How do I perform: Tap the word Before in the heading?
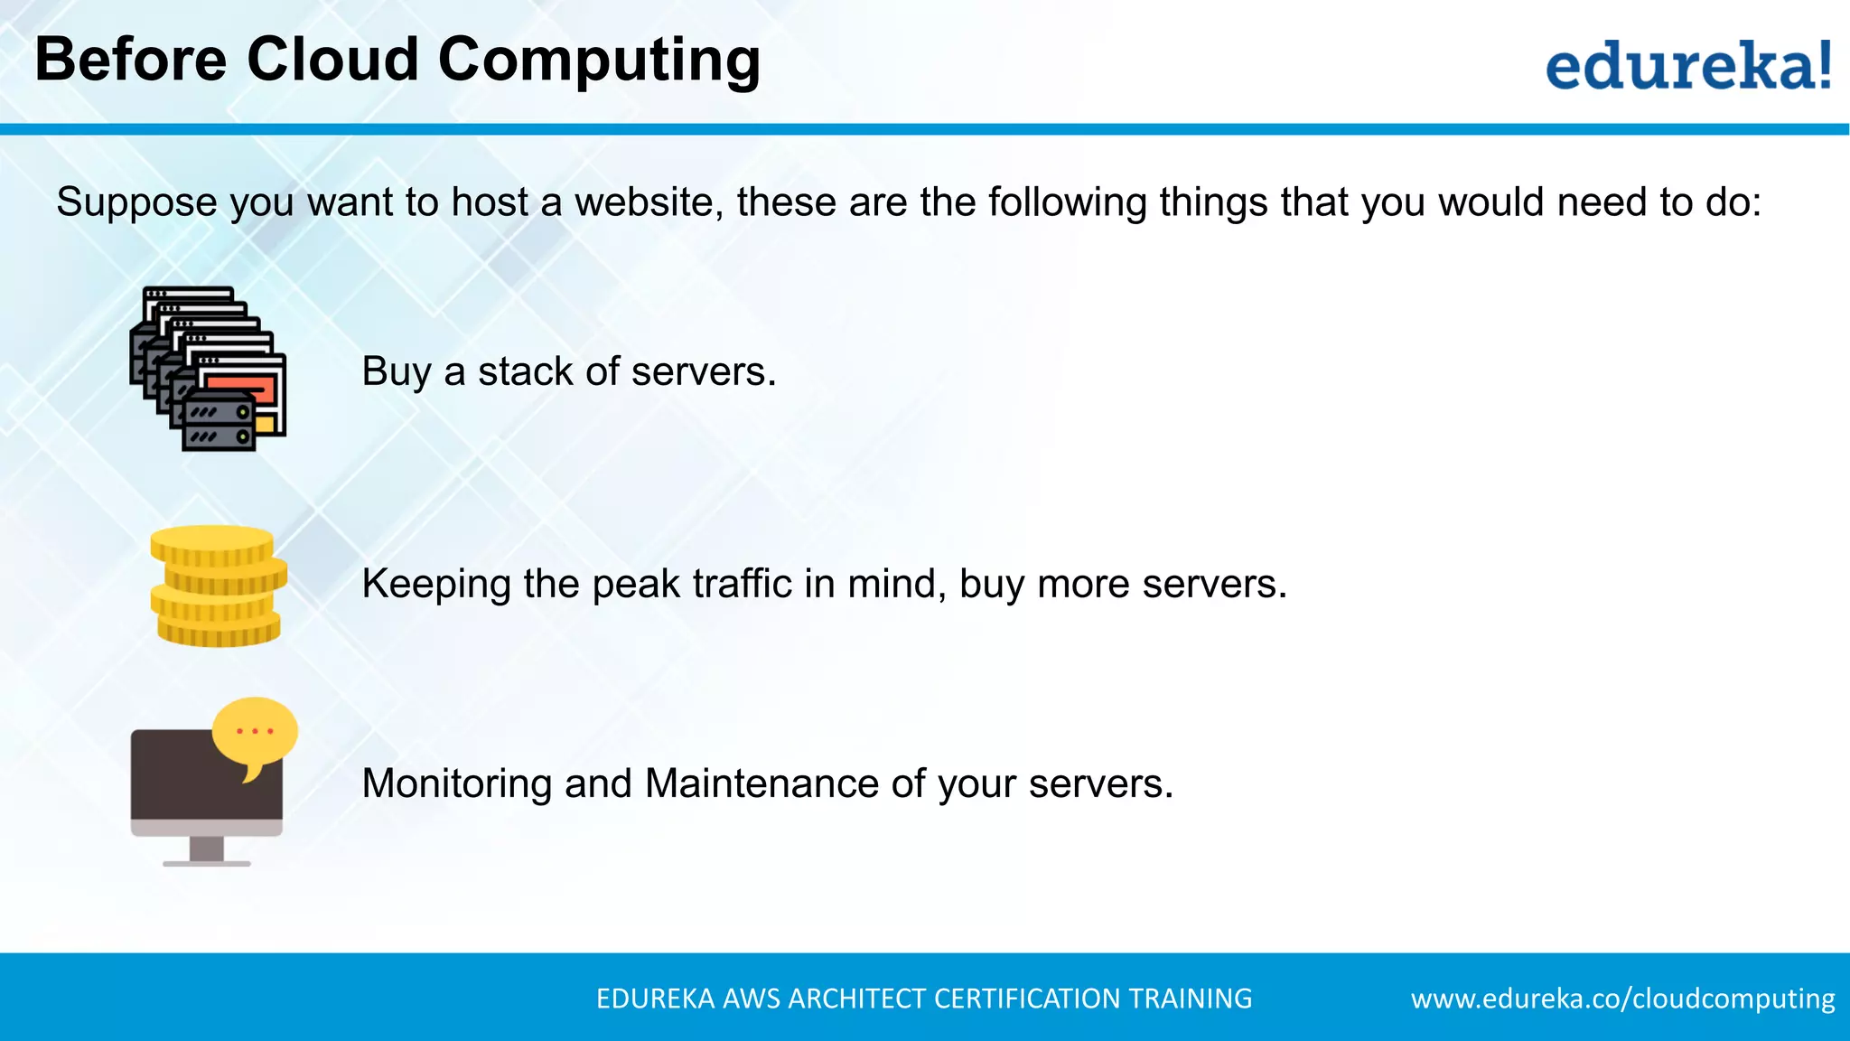(131, 60)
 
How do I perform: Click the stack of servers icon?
(209, 369)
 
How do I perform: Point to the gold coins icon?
(218, 586)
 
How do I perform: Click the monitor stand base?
(206, 863)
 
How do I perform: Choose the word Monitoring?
(456, 784)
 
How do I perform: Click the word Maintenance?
(761, 783)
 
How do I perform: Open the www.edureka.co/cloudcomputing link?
(1622, 999)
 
